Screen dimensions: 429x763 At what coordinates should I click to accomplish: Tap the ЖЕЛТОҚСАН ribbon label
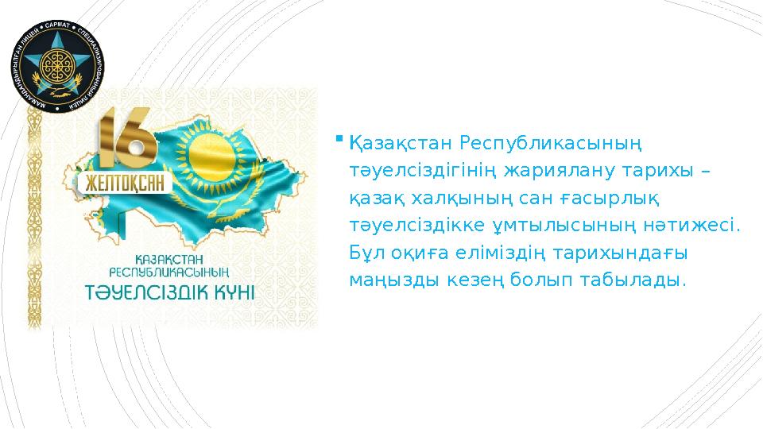pyautogui.click(x=126, y=184)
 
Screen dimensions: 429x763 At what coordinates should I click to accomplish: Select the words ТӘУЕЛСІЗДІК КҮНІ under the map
pyautogui.click(x=171, y=290)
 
